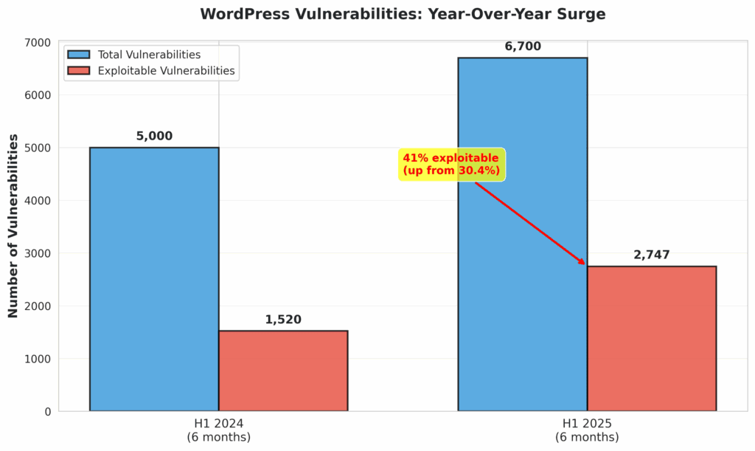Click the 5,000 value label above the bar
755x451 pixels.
[x=154, y=137]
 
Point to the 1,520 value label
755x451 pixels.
[x=283, y=320]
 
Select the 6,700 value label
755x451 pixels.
[x=522, y=47]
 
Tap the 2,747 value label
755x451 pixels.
[x=651, y=255]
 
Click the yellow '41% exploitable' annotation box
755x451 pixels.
[x=451, y=165]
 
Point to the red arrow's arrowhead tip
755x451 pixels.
[x=585, y=264]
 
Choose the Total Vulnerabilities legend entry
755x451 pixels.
[x=133, y=55]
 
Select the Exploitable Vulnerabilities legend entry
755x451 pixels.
[x=150, y=71]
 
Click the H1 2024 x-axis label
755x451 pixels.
[x=218, y=430]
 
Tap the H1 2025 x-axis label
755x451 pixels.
[x=587, y=430]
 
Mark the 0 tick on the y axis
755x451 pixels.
[x=46, y=411]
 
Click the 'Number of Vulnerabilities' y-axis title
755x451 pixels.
[x=13, y=225]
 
